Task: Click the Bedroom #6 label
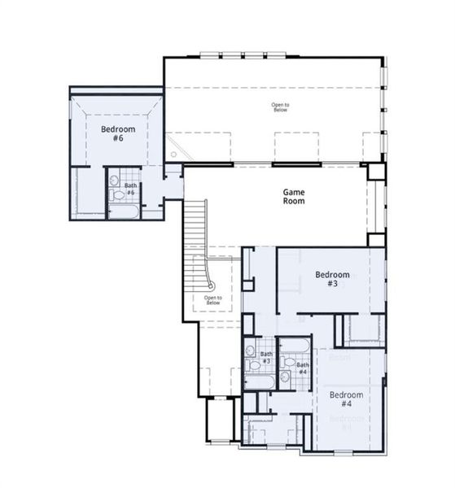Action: coord(112,133)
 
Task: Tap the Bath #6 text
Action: coord(130,189)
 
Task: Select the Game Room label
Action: coord(294,196)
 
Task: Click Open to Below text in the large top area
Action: coord(280,107)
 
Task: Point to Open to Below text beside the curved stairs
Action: coord(213,300)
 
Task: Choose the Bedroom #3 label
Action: coord(332,279)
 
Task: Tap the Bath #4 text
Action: coord(302,368)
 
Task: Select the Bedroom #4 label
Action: coord(347,399)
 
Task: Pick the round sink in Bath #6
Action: coord(115,181)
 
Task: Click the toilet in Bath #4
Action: coord(286,377)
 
